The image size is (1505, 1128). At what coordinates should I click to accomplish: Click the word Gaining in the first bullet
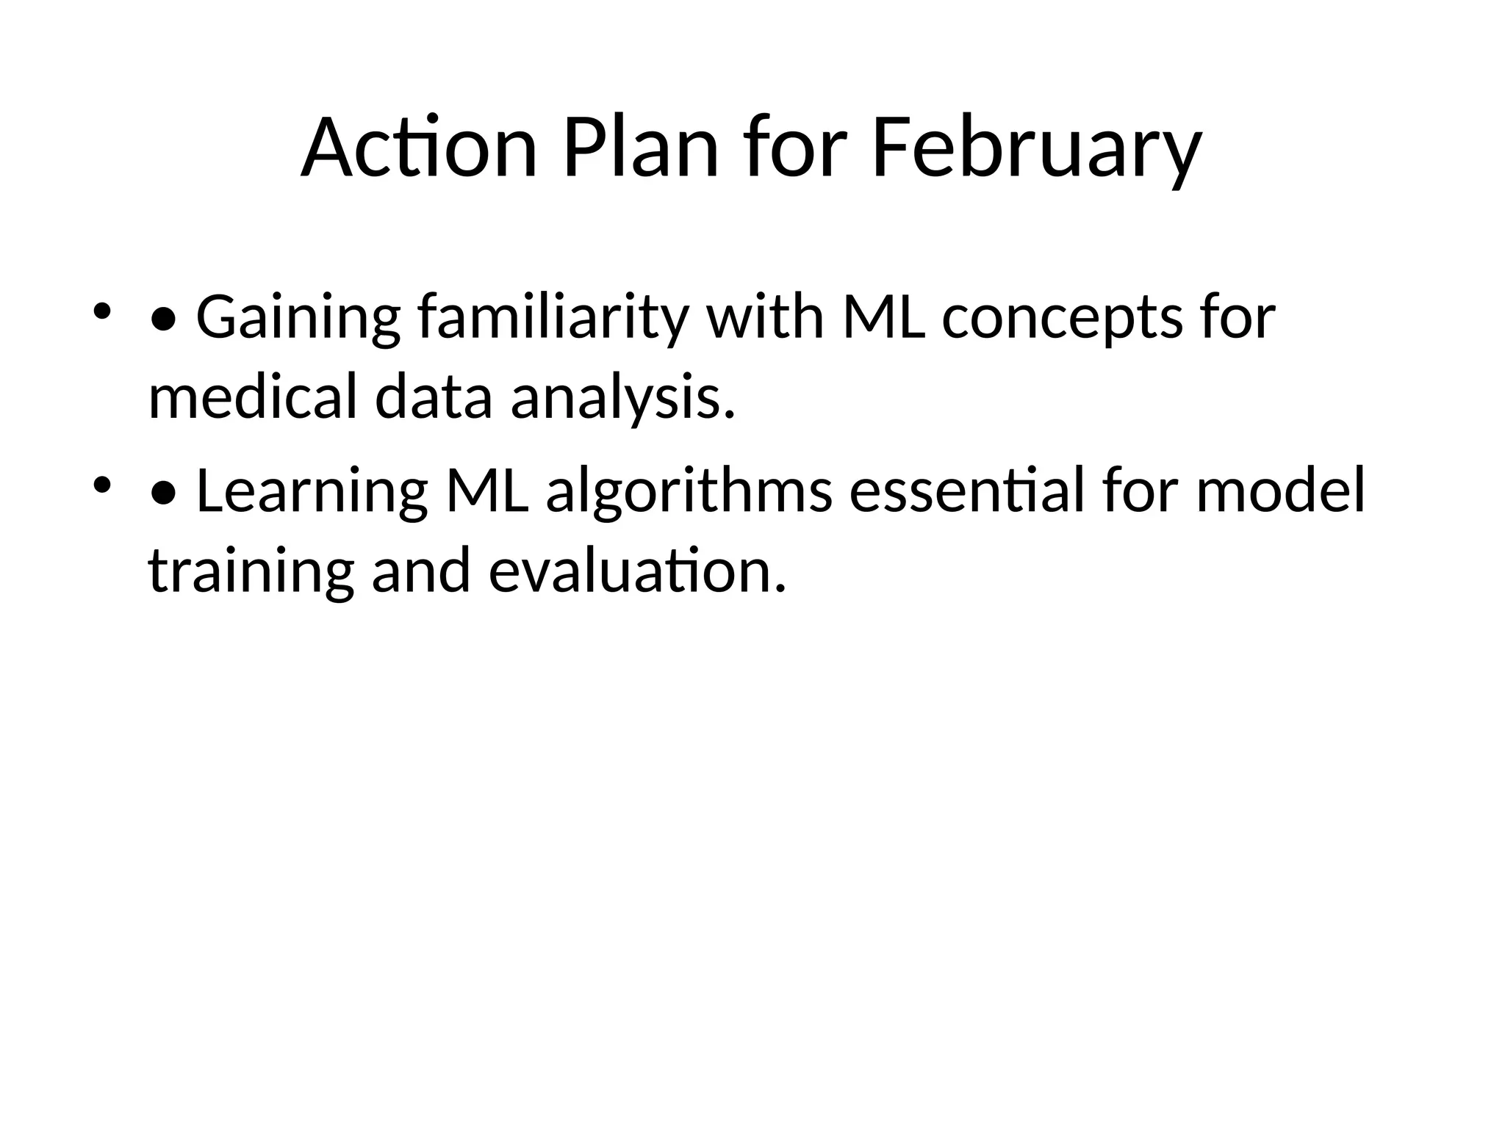298,317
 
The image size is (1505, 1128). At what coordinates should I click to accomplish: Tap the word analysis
622,397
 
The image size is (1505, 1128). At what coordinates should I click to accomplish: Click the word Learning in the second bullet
312,491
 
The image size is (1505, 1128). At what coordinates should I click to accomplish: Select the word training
251,572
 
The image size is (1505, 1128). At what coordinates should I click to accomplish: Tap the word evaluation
637,572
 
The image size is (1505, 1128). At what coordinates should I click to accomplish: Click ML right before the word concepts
884,317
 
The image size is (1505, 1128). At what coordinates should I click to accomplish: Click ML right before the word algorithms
487,491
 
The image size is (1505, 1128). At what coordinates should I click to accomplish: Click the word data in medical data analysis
433,397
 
